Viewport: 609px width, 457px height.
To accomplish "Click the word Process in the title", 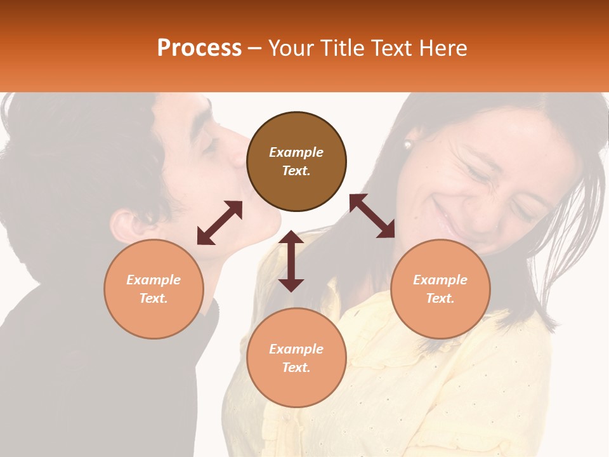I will (x=199, y=48).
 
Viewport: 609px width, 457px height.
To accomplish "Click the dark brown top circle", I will (x=296, y=161).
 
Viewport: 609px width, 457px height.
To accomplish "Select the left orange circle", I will (x=154, y=289).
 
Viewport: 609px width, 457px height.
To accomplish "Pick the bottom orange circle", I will (x=296, y=358).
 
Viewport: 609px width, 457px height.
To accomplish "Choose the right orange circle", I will (x=440, y=289).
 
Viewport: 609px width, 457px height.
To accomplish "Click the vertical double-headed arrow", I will (x=291, y=261).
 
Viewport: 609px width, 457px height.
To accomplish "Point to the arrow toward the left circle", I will (x=219, y=223).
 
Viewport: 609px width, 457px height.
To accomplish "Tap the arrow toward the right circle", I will (x=372, y=216).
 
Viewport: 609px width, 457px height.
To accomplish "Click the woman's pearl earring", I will (x=407, y=145).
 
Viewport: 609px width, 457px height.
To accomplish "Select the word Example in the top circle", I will (x=296, y=152).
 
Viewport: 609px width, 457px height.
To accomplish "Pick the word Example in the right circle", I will (x=440, y=280).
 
